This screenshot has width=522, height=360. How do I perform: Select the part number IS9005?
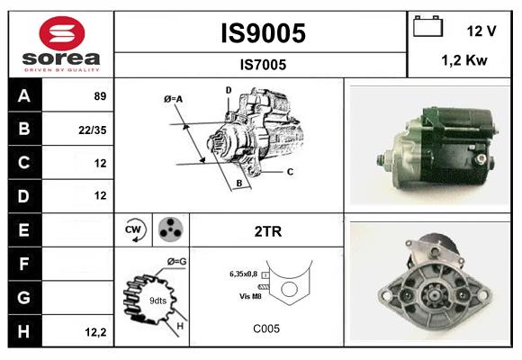click(x=263, y=33)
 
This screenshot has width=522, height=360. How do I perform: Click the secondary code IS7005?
click(x=263, y=64)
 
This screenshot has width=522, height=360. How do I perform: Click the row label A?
click(x=23, y=95)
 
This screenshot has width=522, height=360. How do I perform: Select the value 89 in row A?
click(x=99, y=95)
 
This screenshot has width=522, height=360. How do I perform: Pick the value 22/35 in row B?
click(x=94, y=130)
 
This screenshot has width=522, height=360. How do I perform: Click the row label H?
click(x=23, y=331)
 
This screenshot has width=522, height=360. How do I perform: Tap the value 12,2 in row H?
click(x=95, y=332)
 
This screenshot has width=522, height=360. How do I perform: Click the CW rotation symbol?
click(x=135, y=230)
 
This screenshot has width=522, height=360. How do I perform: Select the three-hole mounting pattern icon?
click(x=170, y=230)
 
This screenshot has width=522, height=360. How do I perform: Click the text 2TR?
click(x=267, y=231)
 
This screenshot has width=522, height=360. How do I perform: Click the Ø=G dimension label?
click(x=176, y=261)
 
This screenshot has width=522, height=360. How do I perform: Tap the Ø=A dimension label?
click(x=174, y=98)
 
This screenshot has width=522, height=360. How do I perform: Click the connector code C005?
click(x=267, y=328)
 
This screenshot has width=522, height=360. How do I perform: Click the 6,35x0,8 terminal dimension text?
click(x=244, y=273)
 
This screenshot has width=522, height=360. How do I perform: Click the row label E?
click(x=23, y=230)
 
